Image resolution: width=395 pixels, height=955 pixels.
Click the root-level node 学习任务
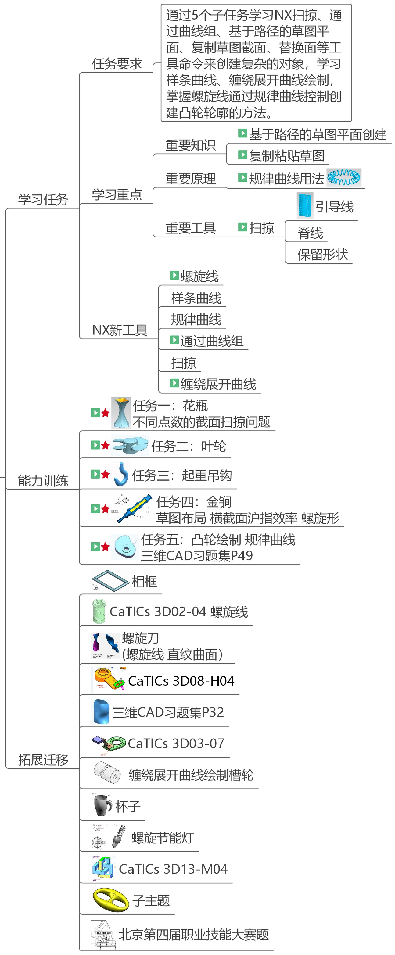[x=43, y=199]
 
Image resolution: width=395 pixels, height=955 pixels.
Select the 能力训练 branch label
[x=43, y=480]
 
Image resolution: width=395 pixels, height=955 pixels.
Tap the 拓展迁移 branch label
[x=43, y=760]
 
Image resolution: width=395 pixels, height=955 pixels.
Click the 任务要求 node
[x=117, y=64]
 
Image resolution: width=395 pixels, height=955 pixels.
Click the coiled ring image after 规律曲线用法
[x=344, y=178]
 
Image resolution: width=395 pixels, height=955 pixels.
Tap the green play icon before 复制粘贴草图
[x=242, y=155]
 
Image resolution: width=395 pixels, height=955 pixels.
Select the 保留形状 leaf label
[x=322, y=255]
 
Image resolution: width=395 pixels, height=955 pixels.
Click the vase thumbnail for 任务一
[x=121, y=413]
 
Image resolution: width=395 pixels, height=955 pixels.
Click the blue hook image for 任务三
[x=121, y=474]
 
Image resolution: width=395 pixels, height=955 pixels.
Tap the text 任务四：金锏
[x=194, y=502]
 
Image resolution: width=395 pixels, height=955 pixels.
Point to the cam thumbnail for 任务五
[x=125, y=547]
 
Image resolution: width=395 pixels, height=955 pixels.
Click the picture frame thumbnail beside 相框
[x=110, y=581]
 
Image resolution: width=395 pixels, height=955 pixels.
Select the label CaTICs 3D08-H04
[x=181, y=681]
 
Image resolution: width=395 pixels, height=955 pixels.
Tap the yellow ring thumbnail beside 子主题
[x=110, y=900]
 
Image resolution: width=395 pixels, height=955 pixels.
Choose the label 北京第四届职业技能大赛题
[x=193, y=935]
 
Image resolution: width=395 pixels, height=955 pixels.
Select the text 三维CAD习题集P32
[x=168, y=712]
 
